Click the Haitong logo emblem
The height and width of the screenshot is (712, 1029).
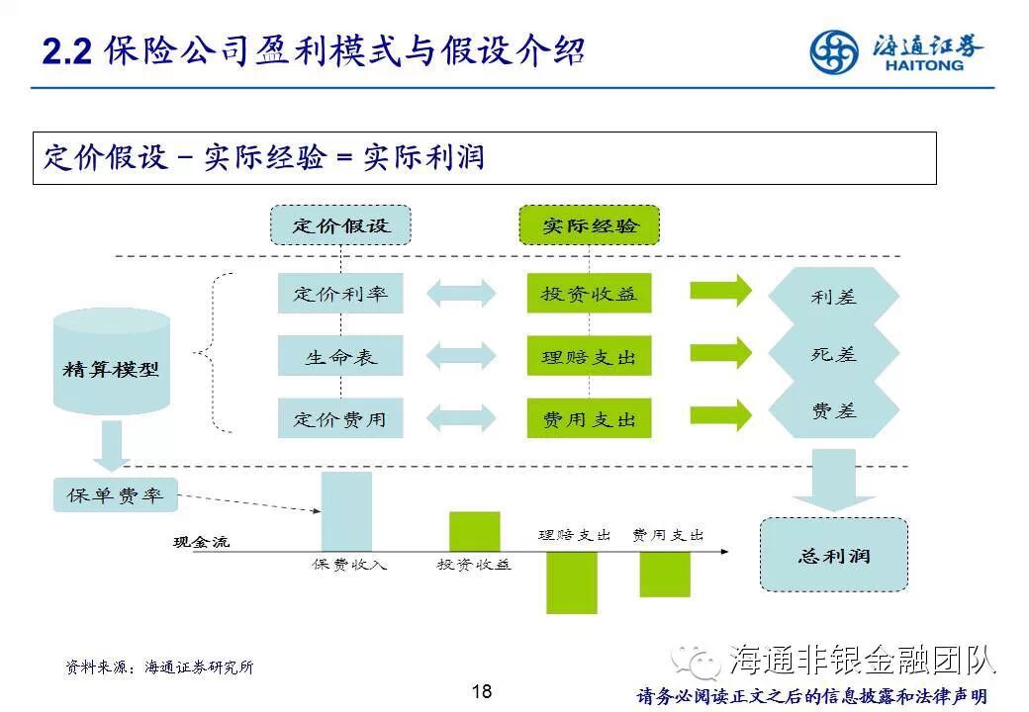pyautogui.click(x=834, y=51)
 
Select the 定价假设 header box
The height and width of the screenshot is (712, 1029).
pyautogui.click(x=340, y=225)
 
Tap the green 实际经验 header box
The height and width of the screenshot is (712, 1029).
pyautogui.click(x=590, y=225)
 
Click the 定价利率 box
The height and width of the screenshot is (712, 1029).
pyautogui.click(x=340, y=294)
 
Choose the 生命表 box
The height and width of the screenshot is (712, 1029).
pyautogui.click(x=340, y=356)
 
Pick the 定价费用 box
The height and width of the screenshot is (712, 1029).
pyautogui.click(x=340, y=418)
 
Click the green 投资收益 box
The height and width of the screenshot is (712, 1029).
pyautogui.click(x=590, y=294)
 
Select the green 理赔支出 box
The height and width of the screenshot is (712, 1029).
pyautogui.click(x=590, y=356)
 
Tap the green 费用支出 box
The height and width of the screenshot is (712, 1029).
pyautogui.click(x=590, y=418)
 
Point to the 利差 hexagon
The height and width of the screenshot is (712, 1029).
pyautogui.click(x=833, y=296)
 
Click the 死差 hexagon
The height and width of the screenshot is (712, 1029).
pyautogui.click(x=833, y=353)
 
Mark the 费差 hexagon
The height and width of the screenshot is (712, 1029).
pyautogui.click(x=833, y=410)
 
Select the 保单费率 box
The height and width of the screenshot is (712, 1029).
pyautogui.click(x=115, y=494)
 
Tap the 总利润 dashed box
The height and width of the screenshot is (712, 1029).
pyautogui.click(x=833, y=555)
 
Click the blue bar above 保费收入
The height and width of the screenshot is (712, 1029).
pyautogui.click(x=346, y=511)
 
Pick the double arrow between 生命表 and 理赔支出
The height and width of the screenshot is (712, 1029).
pyautogui.click(x=461, y=356)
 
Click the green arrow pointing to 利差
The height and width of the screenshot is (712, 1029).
pyautogui.click(x=720, y=292)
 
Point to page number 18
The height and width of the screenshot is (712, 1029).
pyautogui.click(x=482, y=691)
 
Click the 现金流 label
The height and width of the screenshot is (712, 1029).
pyautogui.click(x=201, y=542)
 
